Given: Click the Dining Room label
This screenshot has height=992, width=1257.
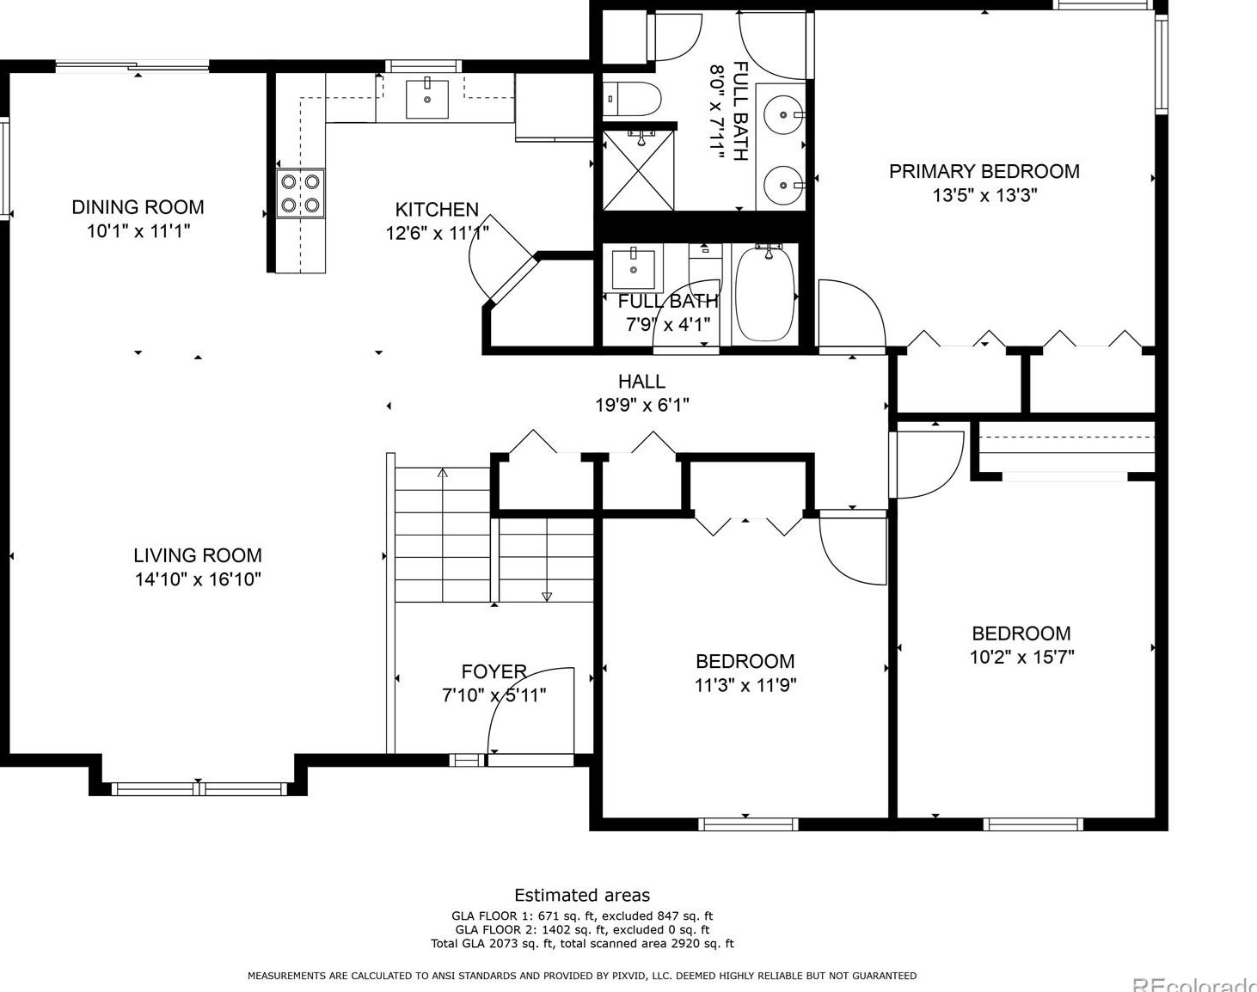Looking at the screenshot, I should tap(138, 207).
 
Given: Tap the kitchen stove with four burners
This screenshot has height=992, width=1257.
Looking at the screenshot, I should tap(300, 193).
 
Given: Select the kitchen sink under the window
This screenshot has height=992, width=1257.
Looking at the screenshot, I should tap(427, 98).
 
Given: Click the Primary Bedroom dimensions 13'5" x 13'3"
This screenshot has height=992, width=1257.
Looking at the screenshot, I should tap(984, 195).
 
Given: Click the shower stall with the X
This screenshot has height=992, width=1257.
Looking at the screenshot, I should tap(638, 170).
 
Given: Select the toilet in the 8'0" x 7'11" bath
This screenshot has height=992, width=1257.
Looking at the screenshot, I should tap(632, 99).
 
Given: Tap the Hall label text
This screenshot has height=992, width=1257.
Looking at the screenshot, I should tap(641, 381).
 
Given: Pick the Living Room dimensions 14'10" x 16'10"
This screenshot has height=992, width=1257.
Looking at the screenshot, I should tap(198, 579).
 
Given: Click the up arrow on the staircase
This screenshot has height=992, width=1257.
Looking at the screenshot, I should tap(443, 473).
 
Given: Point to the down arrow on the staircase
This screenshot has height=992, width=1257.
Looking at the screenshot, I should tap(547, 596).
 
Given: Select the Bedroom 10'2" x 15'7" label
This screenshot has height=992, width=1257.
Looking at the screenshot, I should tap(1021, 634).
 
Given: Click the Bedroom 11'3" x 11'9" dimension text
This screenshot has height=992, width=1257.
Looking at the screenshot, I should tap(745, 685).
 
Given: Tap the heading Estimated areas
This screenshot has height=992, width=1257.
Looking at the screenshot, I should tap(582, 895).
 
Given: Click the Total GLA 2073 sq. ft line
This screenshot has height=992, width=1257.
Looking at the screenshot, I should tap(582, 943).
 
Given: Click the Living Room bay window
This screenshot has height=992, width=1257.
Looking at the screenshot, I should tap(199, 787).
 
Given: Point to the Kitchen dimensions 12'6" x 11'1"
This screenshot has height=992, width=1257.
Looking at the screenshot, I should tap(438, 233).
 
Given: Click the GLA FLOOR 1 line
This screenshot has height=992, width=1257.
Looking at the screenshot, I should tap(582, 915).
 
